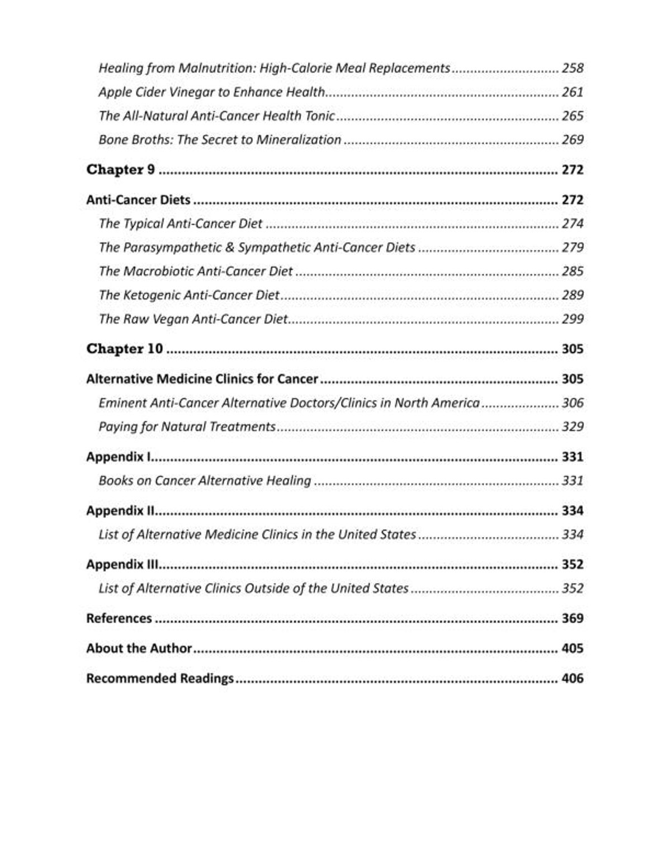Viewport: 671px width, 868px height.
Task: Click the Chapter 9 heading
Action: [x=120, y=169]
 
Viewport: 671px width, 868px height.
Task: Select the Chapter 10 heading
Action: [x=124, y=349]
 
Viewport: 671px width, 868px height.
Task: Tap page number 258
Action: [x=573, y=68]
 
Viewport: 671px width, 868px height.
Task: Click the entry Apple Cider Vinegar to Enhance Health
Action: [x=211, y=92]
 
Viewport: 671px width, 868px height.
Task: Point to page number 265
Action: [x=573, y=116]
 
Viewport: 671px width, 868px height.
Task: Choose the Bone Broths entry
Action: [x=219, y=140]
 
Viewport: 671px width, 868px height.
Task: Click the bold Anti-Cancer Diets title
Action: [x=138, y=200]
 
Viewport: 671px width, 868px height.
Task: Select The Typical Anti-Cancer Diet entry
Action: [x=180, y=224]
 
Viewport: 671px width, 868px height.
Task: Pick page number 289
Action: [x=573, y=295]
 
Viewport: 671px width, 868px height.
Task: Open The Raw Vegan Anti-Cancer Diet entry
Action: [x=193, y=319]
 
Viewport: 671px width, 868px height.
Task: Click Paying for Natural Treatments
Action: [x=187, y=426]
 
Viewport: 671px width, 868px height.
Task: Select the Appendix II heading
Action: [x=120, y=510]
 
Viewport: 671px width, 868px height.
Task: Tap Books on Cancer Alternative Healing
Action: [x=204, y=481]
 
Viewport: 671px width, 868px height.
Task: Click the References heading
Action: [x=119, y=618]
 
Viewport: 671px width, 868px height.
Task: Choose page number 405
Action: [x=573, y=648]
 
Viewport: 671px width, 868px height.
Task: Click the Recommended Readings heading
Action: [x=159, y=679]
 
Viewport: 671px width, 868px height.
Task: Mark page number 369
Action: [x=573, y=618]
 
